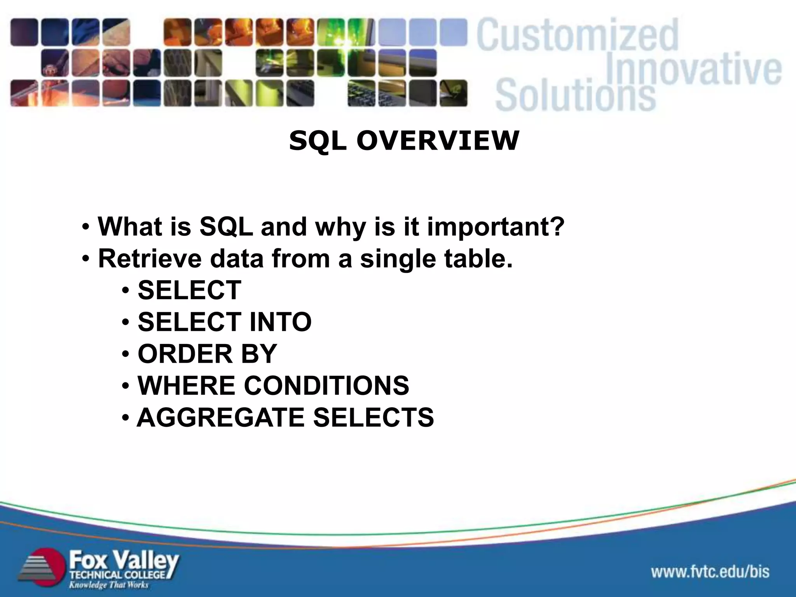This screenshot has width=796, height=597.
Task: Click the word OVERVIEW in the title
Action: pyautogui.click(x=438, y=141)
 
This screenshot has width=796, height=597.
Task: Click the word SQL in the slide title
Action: pyautogui.click(x=317, y=141)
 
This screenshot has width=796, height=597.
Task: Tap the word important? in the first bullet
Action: pyautogui.click(x=496, y=227)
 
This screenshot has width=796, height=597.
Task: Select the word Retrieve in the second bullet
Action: pyautogui.click(x=150, y=258)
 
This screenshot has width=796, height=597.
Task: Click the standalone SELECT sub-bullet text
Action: pyautogui.click(x=189, y=290)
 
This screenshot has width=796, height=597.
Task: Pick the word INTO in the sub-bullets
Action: pyautogui.click(x=280, y=322)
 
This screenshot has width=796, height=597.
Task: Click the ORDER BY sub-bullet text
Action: pyautogui.click(x=207, y=354)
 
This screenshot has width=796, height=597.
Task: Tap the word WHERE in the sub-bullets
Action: pyautogui.click(x=186, y=386)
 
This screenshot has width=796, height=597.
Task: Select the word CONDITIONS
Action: pyautogui.click(x=326, y=386)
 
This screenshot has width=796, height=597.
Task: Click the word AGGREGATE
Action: pyautogui.click(x=220, y=418)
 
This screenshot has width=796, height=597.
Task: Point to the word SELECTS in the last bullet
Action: pyautogui.click(x=373, y=418)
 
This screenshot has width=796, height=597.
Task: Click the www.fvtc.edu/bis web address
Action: pyautogui.click(x=710, y=572)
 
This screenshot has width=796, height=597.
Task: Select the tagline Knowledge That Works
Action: pyautogui.click(x=109, y=585)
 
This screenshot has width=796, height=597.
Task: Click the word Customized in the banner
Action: pyautogui.click(x=577, y=36)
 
